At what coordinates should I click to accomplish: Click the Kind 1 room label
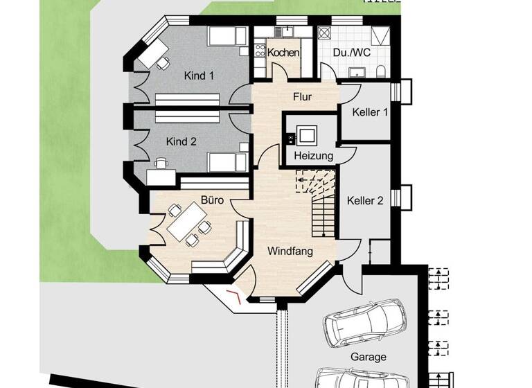[199, 76]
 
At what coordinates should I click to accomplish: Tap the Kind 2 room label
[181, 141]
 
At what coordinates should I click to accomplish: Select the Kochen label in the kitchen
[283, 53]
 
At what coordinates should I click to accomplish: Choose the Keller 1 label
[369, 112]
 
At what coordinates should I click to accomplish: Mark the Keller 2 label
[366, 201]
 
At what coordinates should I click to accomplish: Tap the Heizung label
[313, 156]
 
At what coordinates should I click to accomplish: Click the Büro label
[211, 200]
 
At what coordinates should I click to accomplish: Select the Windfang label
[290, 252]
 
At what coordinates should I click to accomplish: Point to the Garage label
[368, 358]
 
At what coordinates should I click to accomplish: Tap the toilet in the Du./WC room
[382, 72]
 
